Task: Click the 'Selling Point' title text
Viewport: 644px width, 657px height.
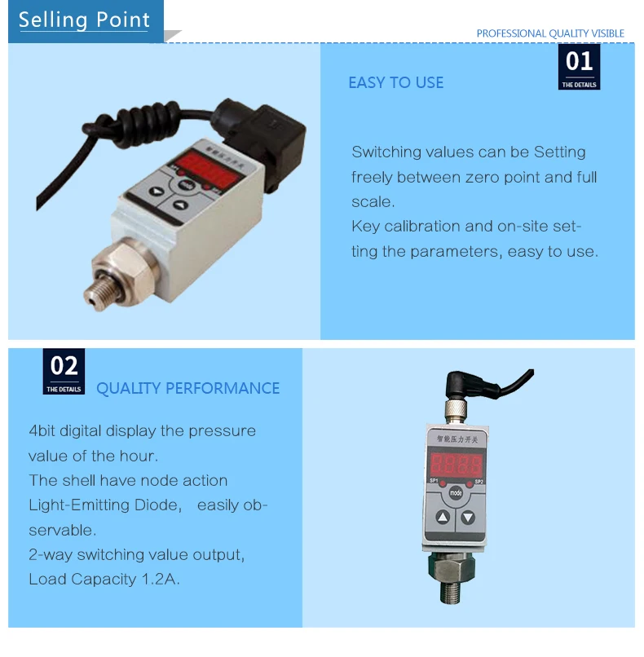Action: point(85,20)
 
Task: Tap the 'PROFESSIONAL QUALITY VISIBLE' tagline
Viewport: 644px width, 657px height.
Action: point(550,33)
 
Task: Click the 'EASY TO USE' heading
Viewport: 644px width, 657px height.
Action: point(396,82)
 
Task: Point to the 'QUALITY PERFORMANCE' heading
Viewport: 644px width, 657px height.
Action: point(187,388)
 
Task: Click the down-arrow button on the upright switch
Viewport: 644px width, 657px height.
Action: point(468,517)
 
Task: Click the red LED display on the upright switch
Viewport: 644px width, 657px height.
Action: point(456,465)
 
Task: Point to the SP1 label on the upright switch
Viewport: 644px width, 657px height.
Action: point(434,481)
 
